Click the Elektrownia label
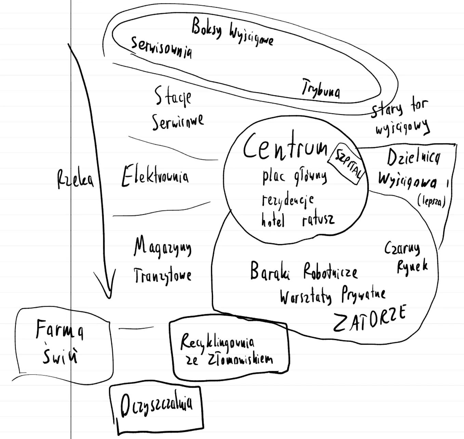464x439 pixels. [x=155, y=176]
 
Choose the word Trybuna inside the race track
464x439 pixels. [x=321, y=88]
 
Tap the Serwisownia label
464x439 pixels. [x=161, y=48]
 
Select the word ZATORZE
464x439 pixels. [x=369, y=318]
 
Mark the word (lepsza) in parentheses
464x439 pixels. [x=431, y=202]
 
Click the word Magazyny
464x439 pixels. [x=162, y=247]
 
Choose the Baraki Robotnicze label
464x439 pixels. [x=304, y=272]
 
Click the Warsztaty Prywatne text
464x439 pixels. [x=332, y=296]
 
